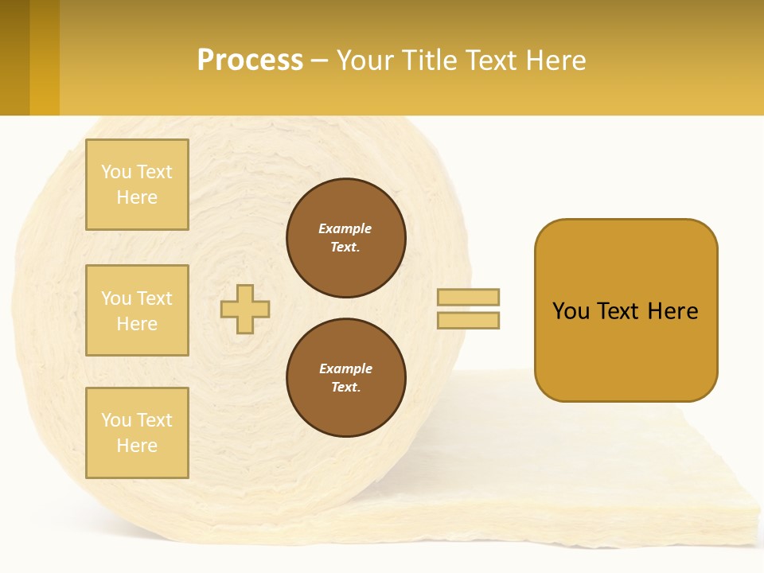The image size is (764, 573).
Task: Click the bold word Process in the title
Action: pos(250,60)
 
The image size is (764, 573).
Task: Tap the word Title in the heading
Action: pos(431,60)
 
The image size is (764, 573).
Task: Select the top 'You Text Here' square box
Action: pos(137,185)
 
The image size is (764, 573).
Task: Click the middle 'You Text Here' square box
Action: pos(137,310)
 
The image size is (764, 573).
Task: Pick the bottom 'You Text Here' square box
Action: pos(137,433)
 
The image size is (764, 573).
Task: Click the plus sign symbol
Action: pos(245,309)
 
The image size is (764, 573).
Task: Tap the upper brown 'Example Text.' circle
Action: pos(345,238)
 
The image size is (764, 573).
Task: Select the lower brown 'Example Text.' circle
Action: pos(345,378)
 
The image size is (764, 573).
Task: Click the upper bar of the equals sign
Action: pos(468,297)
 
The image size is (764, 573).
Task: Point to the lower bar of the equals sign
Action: pos(468,320)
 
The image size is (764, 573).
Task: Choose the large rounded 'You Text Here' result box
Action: pos(626,310)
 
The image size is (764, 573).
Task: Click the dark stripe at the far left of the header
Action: pos(14,57)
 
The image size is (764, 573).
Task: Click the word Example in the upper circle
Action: pos(345,228)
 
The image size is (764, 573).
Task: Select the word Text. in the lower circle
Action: pos(345,388)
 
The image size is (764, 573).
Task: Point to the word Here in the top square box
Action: pos(137,197)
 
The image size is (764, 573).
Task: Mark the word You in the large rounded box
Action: pos(571,311)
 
